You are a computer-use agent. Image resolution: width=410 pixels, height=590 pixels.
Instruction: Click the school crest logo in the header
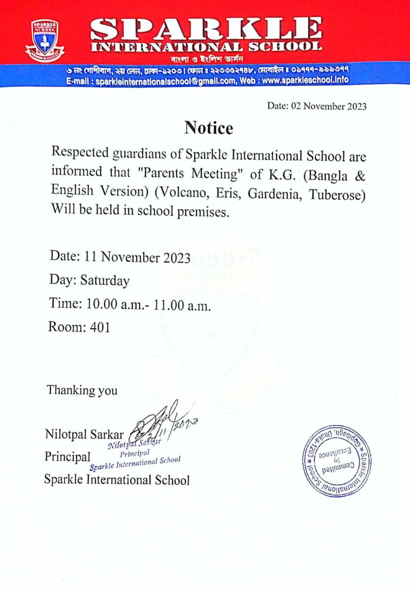(x=45, y=38)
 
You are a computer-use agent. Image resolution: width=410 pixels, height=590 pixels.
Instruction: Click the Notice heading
(x=209, y=128)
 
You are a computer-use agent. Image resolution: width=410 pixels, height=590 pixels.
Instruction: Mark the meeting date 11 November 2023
(x=137, y=257)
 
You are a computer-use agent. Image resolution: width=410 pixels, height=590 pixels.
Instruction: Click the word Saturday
(x=105, y=281)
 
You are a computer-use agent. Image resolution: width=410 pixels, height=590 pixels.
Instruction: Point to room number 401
(x=100, y=327)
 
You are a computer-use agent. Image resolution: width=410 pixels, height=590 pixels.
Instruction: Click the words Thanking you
(x=82, y=390)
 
